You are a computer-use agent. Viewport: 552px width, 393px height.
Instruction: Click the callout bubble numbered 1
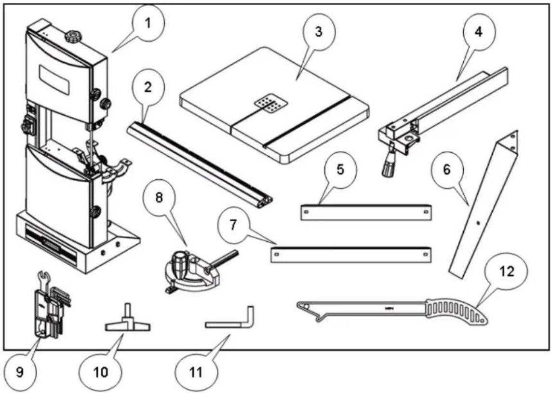pyautogui.click(x=148, y=24)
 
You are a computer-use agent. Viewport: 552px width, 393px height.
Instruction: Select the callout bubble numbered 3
pyautogui.click(x=319, y=32)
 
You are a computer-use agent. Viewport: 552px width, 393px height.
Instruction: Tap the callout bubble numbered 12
pyautogui.click(x=506, y=271)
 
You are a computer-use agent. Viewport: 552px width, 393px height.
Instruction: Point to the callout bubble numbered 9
pyautogui.click(x=20, y=372)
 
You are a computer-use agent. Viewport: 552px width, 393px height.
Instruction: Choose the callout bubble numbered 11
pyautogui.click(x=196, y=372)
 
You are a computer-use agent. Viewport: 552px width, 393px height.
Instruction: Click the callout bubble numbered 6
pyautogui.click(x=446, y=170)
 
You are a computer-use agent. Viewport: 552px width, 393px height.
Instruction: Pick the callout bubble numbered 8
pyautogui.click(x=159, y=198)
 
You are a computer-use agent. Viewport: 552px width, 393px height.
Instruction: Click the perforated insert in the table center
pyautogui.click(x=271, y=105)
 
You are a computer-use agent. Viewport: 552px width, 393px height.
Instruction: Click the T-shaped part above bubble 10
pyautogui.click(x=128, y=322)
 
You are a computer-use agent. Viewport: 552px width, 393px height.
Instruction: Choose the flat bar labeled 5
pyautogui.click(x=366, y=212)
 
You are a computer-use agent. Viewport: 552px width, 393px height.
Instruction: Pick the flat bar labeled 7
pyautogui.click(x=351, y=255)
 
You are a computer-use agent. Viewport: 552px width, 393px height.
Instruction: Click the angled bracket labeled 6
pyautogui.click(x=484, y=204)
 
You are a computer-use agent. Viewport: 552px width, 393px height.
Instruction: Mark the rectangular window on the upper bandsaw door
pyautogui.click(x=54, y=80)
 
